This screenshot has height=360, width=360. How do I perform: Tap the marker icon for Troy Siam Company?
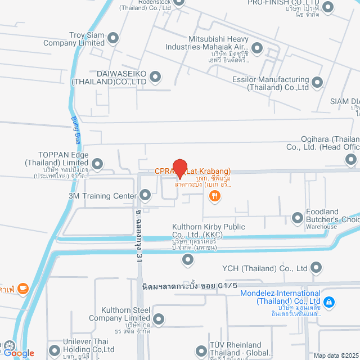(114, 38)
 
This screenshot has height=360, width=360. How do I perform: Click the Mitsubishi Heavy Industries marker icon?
(257, 48)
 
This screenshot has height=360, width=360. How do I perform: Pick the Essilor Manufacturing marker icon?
(318, 83)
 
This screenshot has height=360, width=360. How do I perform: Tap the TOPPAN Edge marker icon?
(97, 164)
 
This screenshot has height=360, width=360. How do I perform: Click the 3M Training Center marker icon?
(145, 196)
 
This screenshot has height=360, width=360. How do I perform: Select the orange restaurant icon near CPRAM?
(214, 196)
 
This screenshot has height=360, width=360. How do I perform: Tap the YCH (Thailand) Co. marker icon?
(316, 268)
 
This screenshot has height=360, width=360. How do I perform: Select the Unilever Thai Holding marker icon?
(54, 350)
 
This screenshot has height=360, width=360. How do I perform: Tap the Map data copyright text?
(335, 355)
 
